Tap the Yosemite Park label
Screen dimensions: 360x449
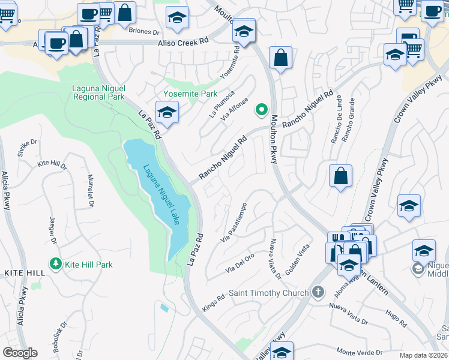[190, 94]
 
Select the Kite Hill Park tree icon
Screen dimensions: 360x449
[56, 264]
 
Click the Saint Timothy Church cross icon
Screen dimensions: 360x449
[318, 293]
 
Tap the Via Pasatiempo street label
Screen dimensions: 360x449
[234, 223]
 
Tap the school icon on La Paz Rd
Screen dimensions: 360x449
[167, 112]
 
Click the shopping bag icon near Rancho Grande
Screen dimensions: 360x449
[340, 176]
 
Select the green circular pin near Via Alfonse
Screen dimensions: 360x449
[261, 109]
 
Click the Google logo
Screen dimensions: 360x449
[20, 352]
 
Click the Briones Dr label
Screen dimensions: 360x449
[144, 31]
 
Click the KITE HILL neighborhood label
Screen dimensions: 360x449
[24, 273]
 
